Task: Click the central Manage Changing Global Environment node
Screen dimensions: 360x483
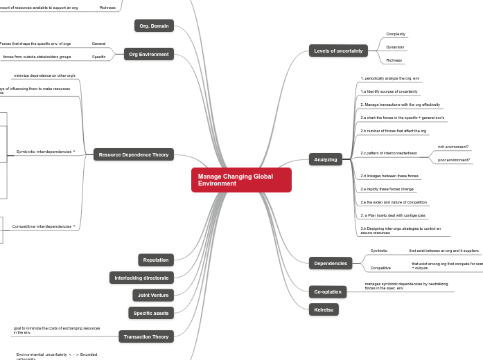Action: pyautogui.click(x=241, y=180)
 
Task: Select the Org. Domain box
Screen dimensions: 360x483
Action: pyautogui.click(x=154, y=26)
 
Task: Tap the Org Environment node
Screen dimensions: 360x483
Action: pyautogui.click(x=149, y=54)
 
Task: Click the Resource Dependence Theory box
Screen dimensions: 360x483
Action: pyautogui.click(x=134, y=154)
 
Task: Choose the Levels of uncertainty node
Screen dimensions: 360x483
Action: pyautogui.click(x=338, y=51)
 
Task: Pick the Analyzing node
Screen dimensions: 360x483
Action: pyautogui.click(x=325, y=159)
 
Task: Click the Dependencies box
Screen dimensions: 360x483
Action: pyautogui.click(x=330, y=263)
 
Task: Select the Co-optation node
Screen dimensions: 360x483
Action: pyautogui.click(x=327, y=291)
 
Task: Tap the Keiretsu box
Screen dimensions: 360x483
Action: pyautogui.click(x=323, y=309)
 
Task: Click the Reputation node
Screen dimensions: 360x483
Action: pyautogui.click(x=156, y=260)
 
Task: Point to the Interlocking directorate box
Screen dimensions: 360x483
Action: pyautogui.click(x=141, y=278)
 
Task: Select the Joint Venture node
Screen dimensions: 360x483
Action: pyautogui.click(x=153, y=295)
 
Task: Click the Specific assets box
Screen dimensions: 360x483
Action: pyautogui.click(x=151, y=313)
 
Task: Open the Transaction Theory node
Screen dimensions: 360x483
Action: pyautogui.click(x=146, y=336)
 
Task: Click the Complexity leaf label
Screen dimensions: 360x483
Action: pyautogui.click(x=396, y=34)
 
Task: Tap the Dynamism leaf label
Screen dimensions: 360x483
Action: pyautogui.click(x=395, y=47)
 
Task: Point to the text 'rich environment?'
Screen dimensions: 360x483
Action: pyautogui.click(x=453, y=147)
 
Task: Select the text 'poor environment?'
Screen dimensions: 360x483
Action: pyautogui.click(x=454, y=160)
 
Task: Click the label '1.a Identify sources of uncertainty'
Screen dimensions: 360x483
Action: pyautogui.click(x=389, y=91)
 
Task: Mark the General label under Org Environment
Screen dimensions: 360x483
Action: pyautogui.click(x=98, y=44)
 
